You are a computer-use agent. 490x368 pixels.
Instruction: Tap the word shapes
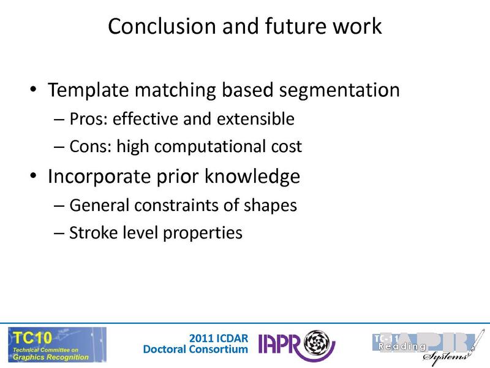coord(271,205)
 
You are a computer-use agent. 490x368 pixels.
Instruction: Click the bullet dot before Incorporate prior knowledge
coord(34,177)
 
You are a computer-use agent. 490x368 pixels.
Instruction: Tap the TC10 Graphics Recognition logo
coord(56,344)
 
